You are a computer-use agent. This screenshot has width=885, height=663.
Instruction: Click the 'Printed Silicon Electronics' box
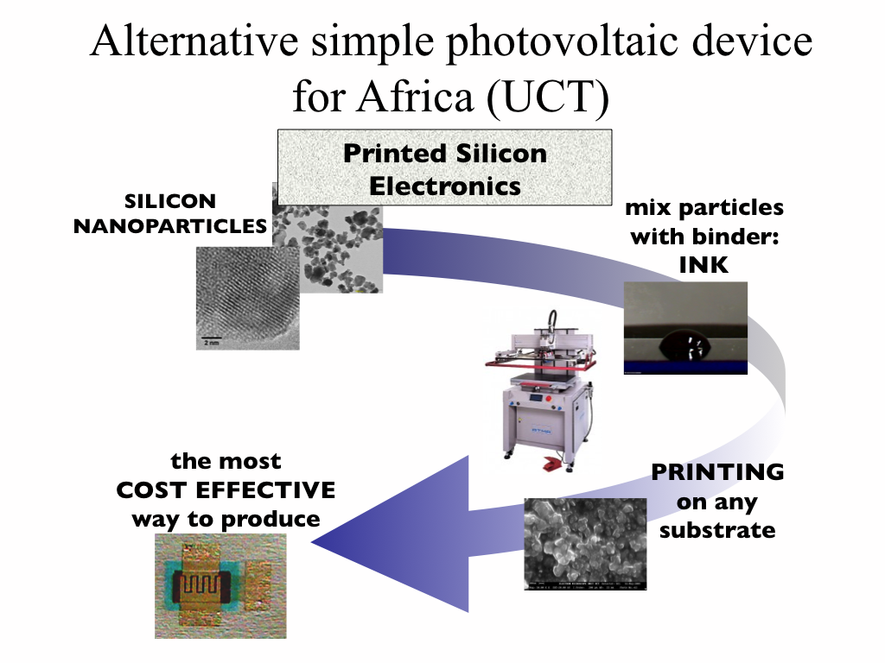(x=444, y=169)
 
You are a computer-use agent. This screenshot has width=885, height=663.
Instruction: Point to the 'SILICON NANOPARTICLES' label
(x=170, y=214)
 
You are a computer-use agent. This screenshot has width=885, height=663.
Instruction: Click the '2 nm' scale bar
(x=212, y=339)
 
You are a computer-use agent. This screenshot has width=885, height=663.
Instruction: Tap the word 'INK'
(x=703, y=265)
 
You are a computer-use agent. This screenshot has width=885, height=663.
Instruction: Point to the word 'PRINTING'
(x=717, y=473)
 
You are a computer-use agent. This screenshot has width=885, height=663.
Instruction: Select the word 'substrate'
(x=717, y=529)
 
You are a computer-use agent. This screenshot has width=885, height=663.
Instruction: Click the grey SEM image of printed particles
(x=585, y=544)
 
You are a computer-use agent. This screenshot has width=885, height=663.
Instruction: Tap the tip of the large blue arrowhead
(x=313, y=542)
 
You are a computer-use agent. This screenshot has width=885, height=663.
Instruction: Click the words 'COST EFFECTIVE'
(x=226, y=490)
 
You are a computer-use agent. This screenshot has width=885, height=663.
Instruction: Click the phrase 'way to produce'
(x=226, y=520)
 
